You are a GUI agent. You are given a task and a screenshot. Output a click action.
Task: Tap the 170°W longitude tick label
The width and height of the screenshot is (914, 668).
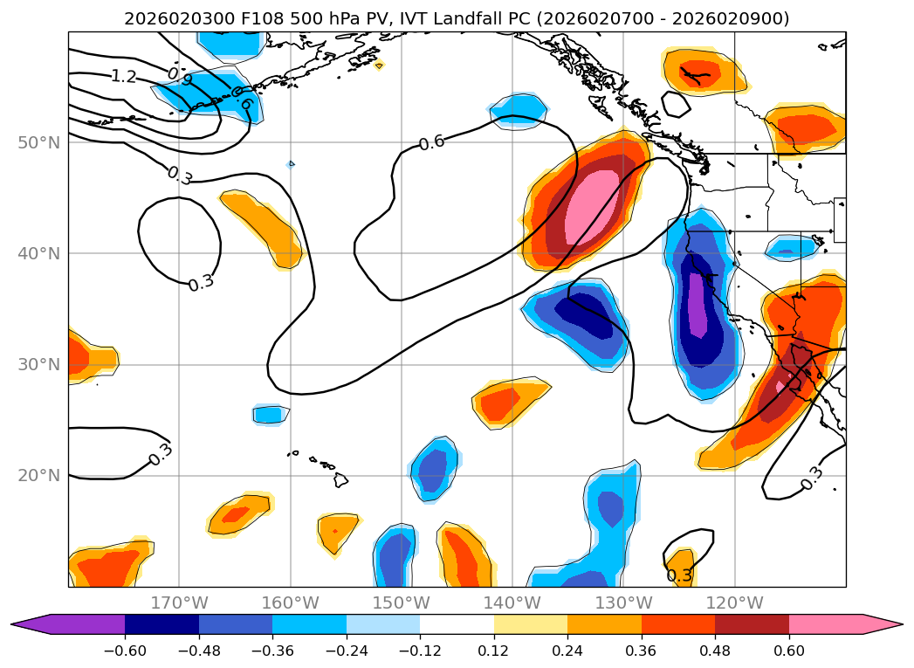coord(179,603)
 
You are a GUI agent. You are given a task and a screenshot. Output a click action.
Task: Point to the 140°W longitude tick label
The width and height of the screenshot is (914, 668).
coord(512,603)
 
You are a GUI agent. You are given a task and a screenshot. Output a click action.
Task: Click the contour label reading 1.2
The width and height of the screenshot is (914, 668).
coord(123,77)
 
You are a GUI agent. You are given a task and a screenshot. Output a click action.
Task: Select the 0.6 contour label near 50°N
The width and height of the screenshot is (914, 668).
coord(431,142)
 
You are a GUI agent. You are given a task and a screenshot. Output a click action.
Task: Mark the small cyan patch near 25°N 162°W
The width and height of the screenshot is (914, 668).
coord(271,415)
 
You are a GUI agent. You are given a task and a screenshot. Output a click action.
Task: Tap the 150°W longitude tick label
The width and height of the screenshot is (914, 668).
coord(402,603)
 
